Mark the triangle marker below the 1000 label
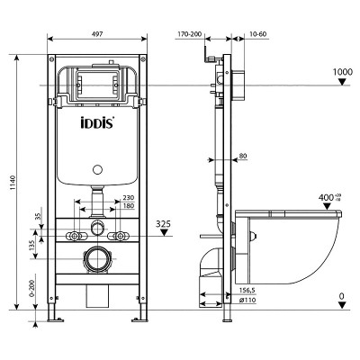pos(342,84)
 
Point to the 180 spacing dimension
pos(128,207)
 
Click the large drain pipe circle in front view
pos(96,262)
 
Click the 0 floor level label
pos(342,295)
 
